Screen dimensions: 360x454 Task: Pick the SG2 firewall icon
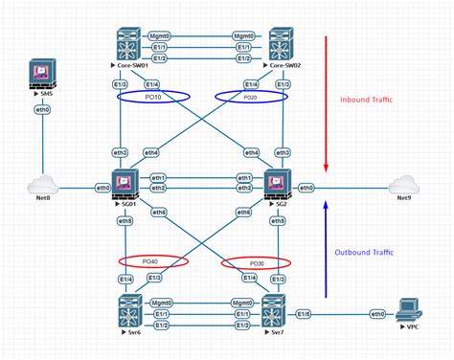tap(278, 183)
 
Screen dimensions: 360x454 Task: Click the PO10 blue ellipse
tap(154, 97)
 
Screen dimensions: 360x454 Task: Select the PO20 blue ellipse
tap(249, 97)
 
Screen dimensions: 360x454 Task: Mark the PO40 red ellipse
tap(152, 260)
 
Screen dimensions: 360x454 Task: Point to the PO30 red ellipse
tap(256, 263)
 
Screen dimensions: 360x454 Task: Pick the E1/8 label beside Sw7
tap(303, 313)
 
